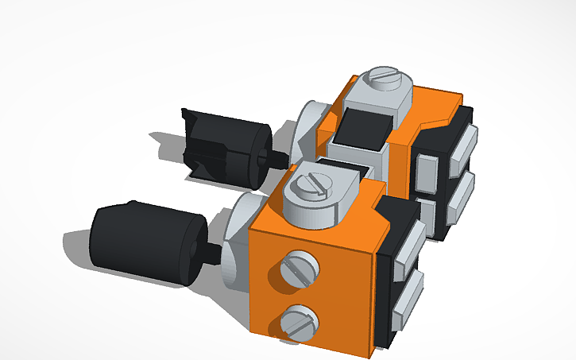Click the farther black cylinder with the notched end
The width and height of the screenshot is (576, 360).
(x=226, y=148)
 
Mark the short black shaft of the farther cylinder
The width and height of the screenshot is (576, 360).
(x=278, y=158)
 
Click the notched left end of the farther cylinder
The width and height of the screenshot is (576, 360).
(x=192, y=143)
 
